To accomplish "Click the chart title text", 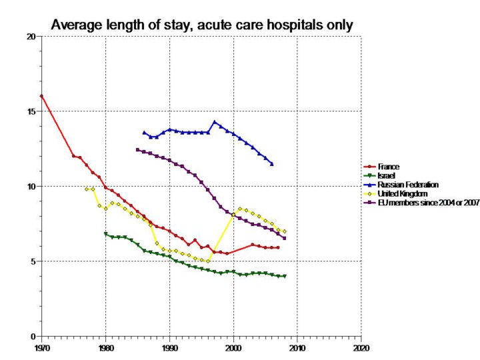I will [202, 25].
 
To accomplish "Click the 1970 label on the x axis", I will [41, 348].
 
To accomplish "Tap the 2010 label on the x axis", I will [297, 348].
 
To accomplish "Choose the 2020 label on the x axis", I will [361, 348].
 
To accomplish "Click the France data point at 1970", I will [41, 96].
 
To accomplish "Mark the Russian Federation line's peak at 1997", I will [214, 122].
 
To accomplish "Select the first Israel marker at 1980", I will [105, 234].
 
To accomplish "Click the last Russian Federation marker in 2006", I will [271, 164].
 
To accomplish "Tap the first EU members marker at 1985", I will [137, 149].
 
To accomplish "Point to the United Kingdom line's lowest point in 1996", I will [208, 261].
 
